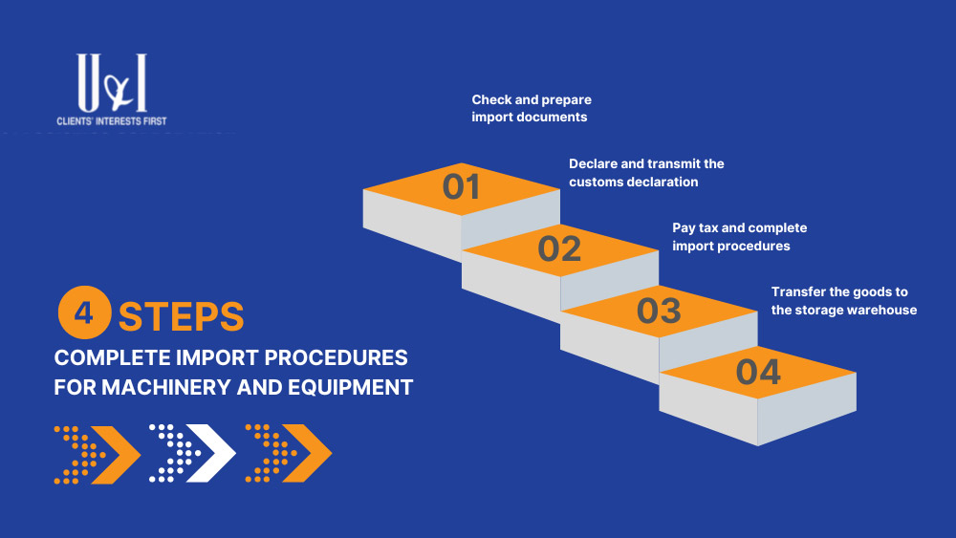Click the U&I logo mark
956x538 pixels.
[112, 82]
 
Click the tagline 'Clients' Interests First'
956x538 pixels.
[112, 120]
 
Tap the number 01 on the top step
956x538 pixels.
[461, 186]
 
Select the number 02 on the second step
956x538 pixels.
[559, 248]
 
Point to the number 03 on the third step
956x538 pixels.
[659, 311]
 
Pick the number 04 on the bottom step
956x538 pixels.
[758, 372]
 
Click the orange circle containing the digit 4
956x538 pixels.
[84, 312]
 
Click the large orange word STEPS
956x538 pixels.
[181, 316]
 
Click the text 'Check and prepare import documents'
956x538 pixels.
[531, 108]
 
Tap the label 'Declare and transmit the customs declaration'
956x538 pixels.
[646, 172]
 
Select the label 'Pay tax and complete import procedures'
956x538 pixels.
[740, 236]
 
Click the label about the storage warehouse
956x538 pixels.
[844, 301]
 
